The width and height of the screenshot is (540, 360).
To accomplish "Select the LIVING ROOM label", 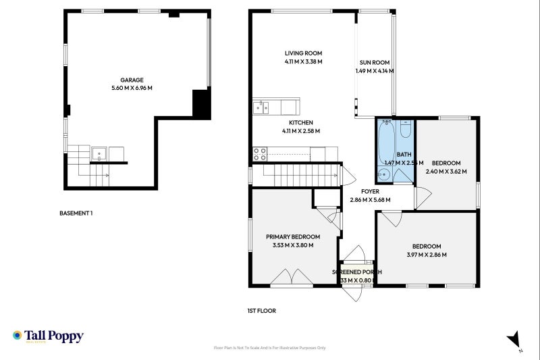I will pyautogui.click(x=303, y=53).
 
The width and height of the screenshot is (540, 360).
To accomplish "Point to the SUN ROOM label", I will pyautogui.click(x=374, y=62).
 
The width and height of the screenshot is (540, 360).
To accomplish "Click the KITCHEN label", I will pyautogui.click(x=300, y=122).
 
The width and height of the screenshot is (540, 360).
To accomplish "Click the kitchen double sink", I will pyautogui.click(x=261, y=107).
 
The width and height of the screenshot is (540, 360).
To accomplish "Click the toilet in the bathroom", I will pyautogui.click(x=405, y=128).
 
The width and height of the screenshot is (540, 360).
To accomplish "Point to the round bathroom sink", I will pyautogui.click(x=384, y=175).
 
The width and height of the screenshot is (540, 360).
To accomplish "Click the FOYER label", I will pyautogui.click(x=370, y=191).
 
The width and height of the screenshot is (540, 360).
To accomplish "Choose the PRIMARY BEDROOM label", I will pyautogui.click(x=292, y=237).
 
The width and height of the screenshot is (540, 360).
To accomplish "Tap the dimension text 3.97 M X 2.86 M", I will pyautogui.click(x=427, y=255).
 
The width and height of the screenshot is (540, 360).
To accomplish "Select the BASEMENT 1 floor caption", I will pyautogui.click(x=76, y=213).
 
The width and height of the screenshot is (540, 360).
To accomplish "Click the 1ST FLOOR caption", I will pyautogui.click(x=261, y=311).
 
